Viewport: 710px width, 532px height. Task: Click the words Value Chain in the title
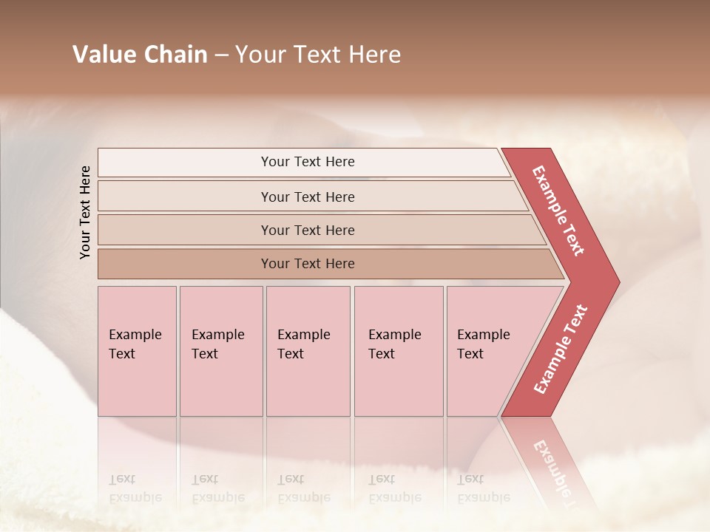(x=140, y=55)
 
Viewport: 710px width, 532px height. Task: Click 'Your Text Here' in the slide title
(x=318, y=55)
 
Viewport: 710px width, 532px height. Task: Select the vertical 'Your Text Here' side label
(x=85, y=212)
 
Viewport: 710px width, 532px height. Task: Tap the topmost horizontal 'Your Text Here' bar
(x=307, y=162)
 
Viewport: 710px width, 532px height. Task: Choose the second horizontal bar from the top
(x=307, y=197)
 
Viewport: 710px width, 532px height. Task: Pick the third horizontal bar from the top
(x=307, y=230)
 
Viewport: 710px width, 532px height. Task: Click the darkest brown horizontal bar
(x=307, y=264)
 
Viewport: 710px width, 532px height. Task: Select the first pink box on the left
(x=137, y=351)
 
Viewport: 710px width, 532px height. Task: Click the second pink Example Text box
(x=220, y=351)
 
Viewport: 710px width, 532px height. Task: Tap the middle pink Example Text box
(x=308, y=351)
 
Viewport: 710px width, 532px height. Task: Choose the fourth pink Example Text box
(x=398, y=351)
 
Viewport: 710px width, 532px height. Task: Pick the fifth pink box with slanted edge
(x=488, y=351)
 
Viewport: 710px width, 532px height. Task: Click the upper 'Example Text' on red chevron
(x=558, y=211)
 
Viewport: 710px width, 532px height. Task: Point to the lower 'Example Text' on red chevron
(x=561, y=349)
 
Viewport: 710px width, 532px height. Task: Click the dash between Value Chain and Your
(x=221, y=55)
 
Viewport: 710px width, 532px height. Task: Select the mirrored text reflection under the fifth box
(x=484, y=488)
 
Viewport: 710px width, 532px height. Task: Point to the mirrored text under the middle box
(x=302, y=488)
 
